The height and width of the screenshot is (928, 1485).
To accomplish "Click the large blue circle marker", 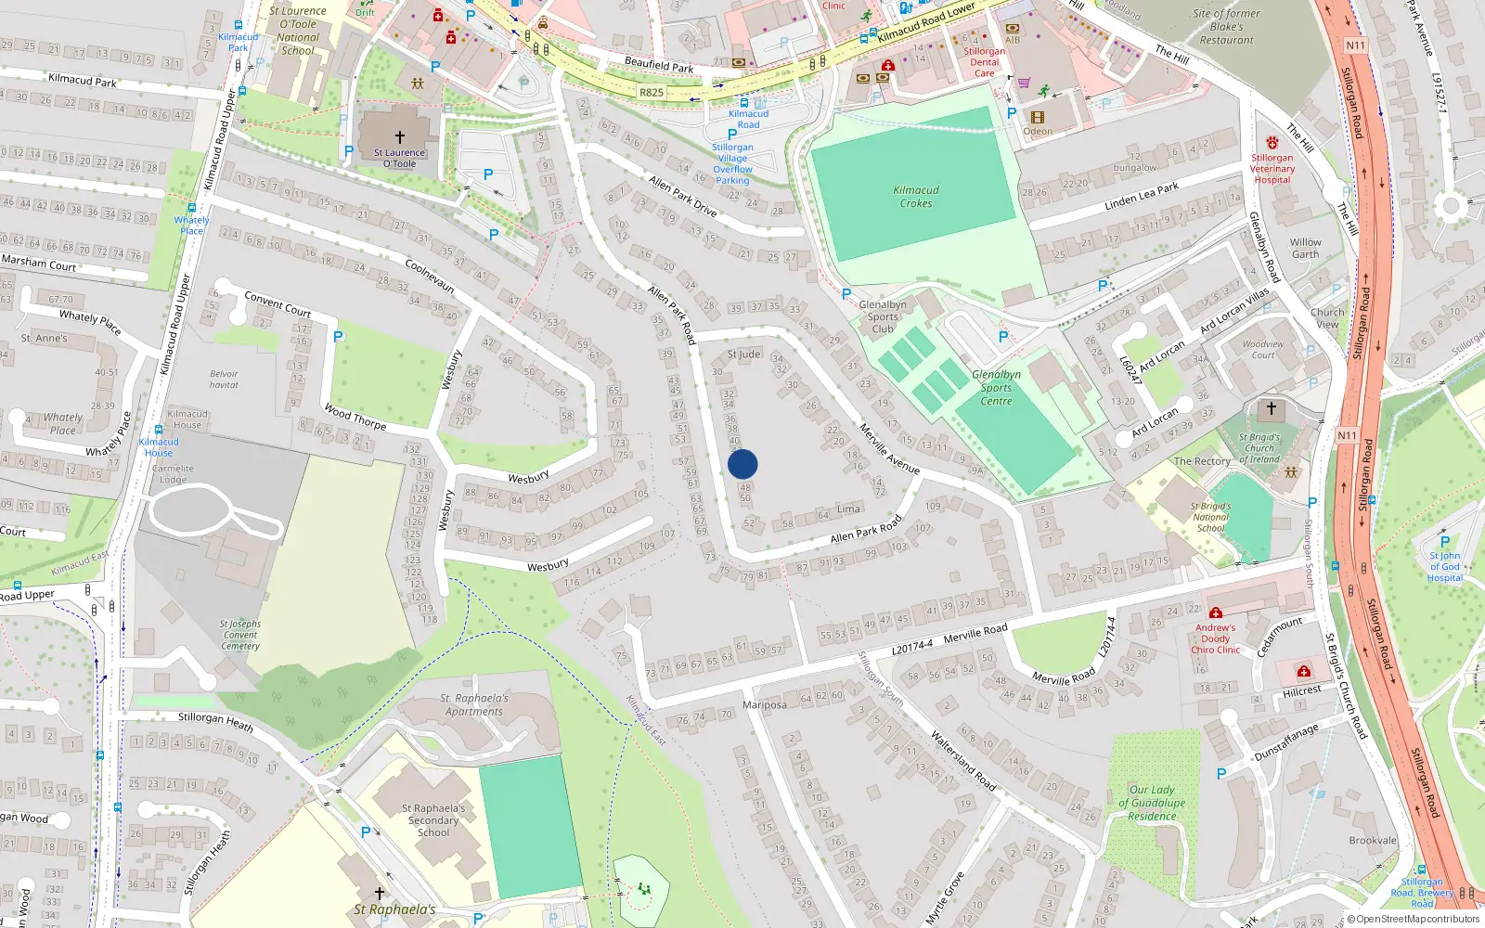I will point(742,464).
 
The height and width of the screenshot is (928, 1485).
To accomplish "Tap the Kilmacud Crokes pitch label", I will point(916,197).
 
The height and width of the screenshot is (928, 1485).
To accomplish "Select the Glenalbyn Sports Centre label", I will point(996,388).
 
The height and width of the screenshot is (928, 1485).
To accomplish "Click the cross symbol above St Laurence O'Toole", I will point(400,137).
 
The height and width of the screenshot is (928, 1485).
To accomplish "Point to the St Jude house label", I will point(743,354).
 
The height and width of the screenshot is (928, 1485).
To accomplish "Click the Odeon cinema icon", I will point(1037,118).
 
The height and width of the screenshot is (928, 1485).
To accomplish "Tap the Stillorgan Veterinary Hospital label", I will point(1272,169).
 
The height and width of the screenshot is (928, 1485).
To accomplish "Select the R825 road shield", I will point(652,93).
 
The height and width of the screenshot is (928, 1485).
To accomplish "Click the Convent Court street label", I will point(278,303).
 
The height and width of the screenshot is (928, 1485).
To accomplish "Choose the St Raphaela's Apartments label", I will point(474,705).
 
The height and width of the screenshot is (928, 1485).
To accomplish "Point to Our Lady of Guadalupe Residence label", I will point(1152,804).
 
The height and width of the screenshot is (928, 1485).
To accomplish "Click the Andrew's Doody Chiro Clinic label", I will point(1215,639).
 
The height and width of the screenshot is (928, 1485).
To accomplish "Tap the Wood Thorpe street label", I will point(355,417).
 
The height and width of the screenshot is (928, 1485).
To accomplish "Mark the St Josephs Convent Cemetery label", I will point(240,636).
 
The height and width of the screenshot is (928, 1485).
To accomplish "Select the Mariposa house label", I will point(765,705).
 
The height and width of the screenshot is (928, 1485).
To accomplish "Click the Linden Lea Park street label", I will point(1142,196).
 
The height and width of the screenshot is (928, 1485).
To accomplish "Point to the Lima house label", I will point(848,509).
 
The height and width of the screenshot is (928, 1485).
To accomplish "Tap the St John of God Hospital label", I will point(1444,567).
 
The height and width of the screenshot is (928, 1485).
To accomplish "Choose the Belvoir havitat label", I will point(224,380).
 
